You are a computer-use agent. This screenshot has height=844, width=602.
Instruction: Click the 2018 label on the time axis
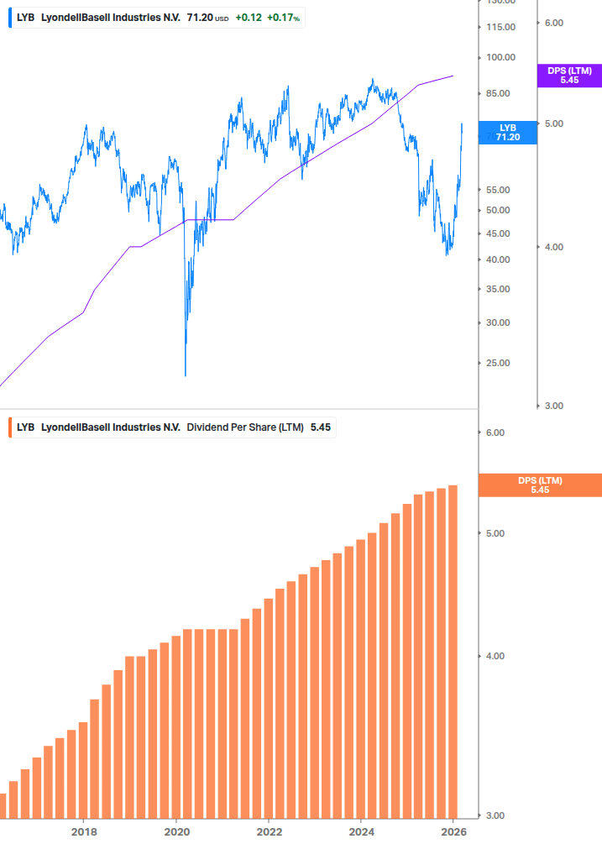point(84,831)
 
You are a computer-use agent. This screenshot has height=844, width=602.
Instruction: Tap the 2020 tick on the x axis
point(176,831)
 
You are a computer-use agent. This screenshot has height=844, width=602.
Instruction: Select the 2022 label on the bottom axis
point(269,831)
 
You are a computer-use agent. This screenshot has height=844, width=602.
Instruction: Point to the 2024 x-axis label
point(361,831)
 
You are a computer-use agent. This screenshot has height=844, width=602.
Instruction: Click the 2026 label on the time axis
point(453,831)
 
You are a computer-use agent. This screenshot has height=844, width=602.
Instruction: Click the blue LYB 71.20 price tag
point(508,133)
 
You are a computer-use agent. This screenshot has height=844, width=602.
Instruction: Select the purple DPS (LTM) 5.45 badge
point(569,76)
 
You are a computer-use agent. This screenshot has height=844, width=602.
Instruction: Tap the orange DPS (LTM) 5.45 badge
point(540,485)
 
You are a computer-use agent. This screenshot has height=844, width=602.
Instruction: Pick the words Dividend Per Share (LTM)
point(245,427)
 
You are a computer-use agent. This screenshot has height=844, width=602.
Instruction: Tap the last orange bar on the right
point(453,651)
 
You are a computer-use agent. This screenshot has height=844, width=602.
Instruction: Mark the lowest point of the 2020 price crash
point(185,375)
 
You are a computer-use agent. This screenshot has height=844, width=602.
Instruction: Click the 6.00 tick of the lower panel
point(495,433)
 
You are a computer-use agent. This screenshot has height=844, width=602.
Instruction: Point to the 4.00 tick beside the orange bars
point(495,657)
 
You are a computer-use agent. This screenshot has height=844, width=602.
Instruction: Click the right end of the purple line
point(453,76)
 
